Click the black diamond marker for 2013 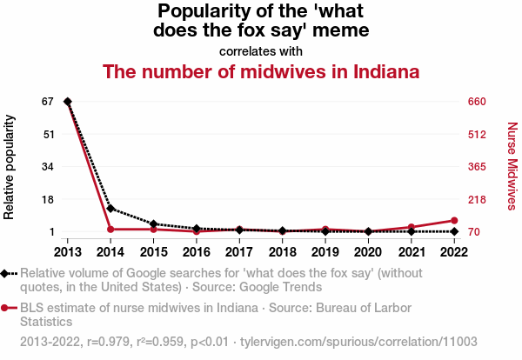68,102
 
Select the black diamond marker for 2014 110,209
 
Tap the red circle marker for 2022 454,221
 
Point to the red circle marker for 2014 110,230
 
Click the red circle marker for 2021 411,227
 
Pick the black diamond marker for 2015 153,224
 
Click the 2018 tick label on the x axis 282,252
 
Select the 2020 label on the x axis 368,252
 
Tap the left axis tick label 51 49,134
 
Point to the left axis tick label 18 49,199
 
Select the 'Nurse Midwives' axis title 512,166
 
